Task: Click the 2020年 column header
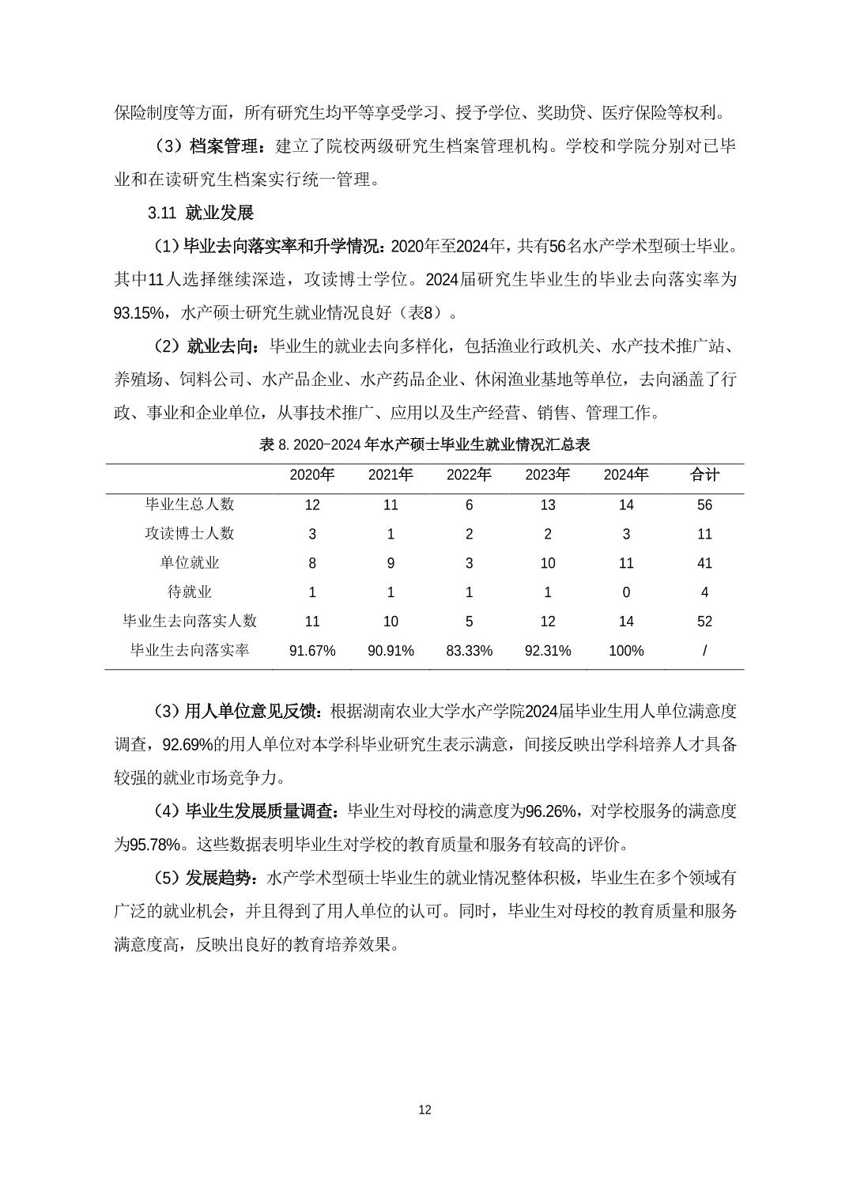pyautogui.click(x=312, y=475)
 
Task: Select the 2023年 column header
pyautogui.click(x=547, y=475)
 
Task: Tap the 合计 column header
pyautogui.click(x=704, y=475)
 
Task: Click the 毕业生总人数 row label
pyautogui.click(x=190, y=505)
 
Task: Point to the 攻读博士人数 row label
pyautogui.click(x=190, y=534)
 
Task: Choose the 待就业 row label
pyautogui.click(x=190, y=592)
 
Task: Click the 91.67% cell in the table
pyautogui.click(x=312, y=651)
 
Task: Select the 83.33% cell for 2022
pyautogui.click(x=469, y=651)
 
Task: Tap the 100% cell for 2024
pyautogui.click(x=626, y=651)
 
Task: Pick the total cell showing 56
pyautogui.click(x=704, y=505)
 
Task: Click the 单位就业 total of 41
pyautogui.click(x=704, y=564)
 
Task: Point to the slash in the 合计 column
pyautogui.click(x=704, y=651)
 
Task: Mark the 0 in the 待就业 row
pyautogui.click(x=626, y=592)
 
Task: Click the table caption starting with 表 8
pyautogui.click(x=424, y=445)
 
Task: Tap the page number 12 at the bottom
pyautogui.click(x=424, y=1110)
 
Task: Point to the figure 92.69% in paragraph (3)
pyautogui.click(x=188, y=745)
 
